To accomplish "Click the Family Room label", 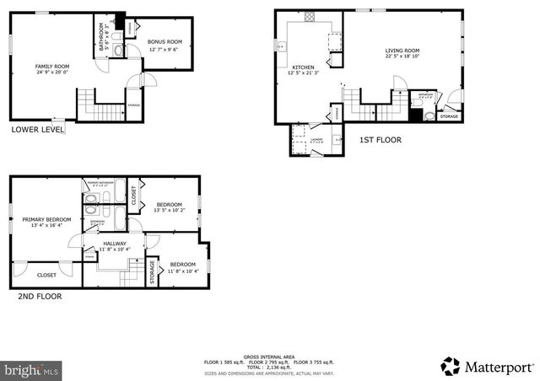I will [x=51, y=66].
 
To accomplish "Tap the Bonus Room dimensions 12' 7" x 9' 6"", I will [x=165, y=50].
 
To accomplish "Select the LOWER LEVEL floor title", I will [x=37, y=130].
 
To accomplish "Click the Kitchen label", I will [x=303, y=67].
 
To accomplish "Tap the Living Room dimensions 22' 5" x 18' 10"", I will [x=402, y=57].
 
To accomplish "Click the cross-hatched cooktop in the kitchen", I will [x=310, y=16].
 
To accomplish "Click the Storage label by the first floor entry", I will [x=450, y=116].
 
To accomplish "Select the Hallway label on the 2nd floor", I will [x=114, y=244].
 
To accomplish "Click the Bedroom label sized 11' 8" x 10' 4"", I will [x=183, y=265].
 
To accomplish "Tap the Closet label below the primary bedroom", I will [x=46, y=275].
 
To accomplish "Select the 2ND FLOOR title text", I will [x=40, y=297].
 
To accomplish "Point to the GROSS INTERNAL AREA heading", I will [x=269, y=356].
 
